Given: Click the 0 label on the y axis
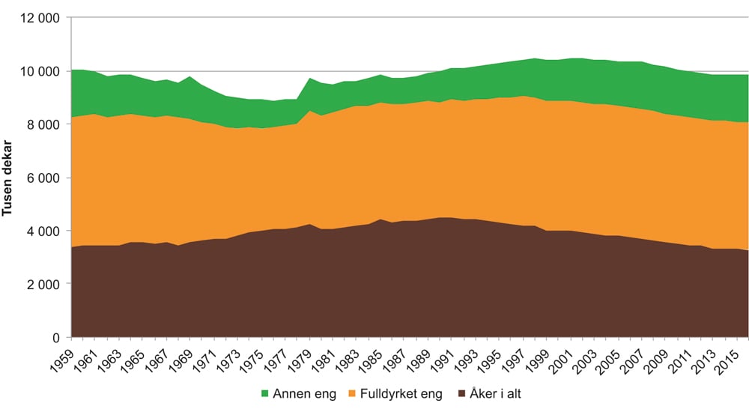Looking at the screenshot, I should click(57, 337).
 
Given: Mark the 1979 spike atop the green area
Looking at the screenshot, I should click(309, 78).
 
